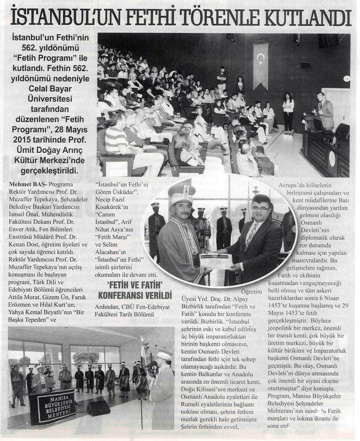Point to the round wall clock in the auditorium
pos(346,78)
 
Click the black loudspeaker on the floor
pos(98,408)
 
